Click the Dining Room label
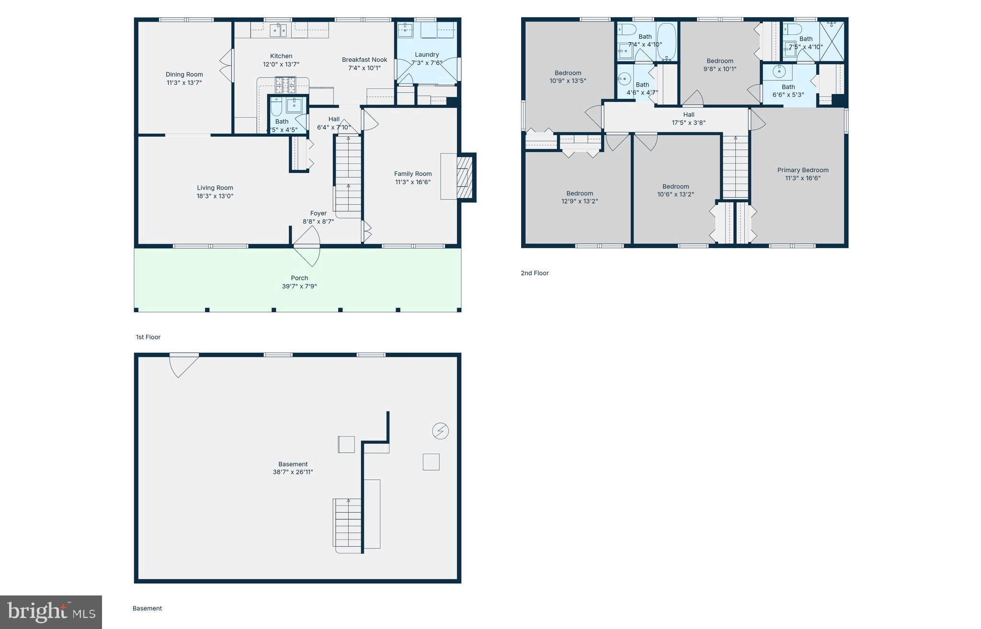184,74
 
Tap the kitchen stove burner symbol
285,85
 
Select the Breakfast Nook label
365,60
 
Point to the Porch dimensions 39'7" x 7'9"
299,286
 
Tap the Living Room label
215,188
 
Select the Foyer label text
319,213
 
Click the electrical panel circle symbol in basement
440,431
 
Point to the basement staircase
348,524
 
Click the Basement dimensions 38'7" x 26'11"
293,472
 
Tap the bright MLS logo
51,612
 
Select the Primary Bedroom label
803,170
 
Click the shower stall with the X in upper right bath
832,41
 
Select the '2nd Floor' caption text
535,273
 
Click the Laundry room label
427,55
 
